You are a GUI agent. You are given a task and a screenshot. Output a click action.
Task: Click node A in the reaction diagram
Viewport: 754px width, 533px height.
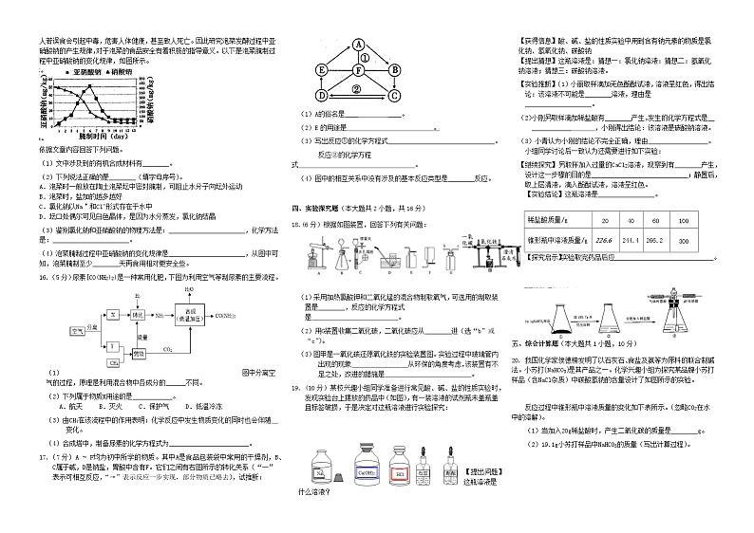click(x=359, y=44)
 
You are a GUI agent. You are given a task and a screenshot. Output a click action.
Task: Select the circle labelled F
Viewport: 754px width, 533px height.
click(x=358, y=68)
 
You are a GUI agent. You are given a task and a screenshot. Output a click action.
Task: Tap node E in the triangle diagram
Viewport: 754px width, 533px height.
click(x=322, y=68)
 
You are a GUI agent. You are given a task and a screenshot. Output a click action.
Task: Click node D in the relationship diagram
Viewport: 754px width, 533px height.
click(x=322, y=95)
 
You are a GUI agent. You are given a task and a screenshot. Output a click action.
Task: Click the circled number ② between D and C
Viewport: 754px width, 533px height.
click(x=357, y=88)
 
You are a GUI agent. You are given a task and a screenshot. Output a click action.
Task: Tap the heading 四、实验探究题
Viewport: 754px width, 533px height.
click(x=328, y=206)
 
